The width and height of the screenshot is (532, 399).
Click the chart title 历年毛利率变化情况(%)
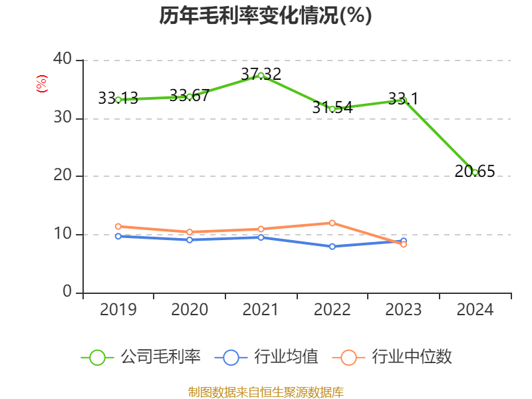[265, 16]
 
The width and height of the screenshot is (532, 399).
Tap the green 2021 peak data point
[261, 75]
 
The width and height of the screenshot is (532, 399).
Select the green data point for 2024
[475, 172]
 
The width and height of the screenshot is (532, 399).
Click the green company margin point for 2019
[118, 100]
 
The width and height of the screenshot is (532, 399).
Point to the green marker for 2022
[332, 109]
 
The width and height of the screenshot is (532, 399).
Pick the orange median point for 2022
[332, 223]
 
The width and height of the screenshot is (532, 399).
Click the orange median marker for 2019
[118, 227]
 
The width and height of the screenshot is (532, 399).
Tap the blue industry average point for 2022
[332, 247]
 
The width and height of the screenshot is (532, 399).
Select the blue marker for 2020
[190, 239]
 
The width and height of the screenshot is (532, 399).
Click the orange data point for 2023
[404, 245]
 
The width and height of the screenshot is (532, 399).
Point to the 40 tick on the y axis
[63, 60]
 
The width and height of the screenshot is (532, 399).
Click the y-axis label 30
[63, 118]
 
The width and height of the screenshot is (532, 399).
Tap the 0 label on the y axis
[67, 293]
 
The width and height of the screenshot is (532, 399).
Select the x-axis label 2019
[118, 310]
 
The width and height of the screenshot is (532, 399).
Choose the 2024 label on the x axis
[475, 310]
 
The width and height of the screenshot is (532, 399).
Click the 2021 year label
[261, 310]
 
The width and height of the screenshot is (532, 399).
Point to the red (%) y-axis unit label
[42, 84]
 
